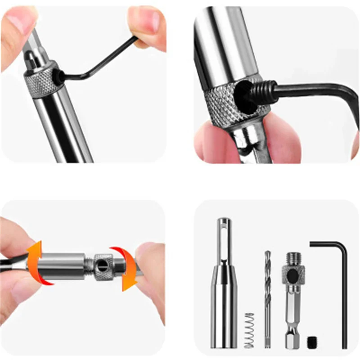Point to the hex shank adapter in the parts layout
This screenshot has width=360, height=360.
(293, 306)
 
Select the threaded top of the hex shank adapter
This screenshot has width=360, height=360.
(293, 258)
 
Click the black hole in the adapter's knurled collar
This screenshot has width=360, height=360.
(293, 275)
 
